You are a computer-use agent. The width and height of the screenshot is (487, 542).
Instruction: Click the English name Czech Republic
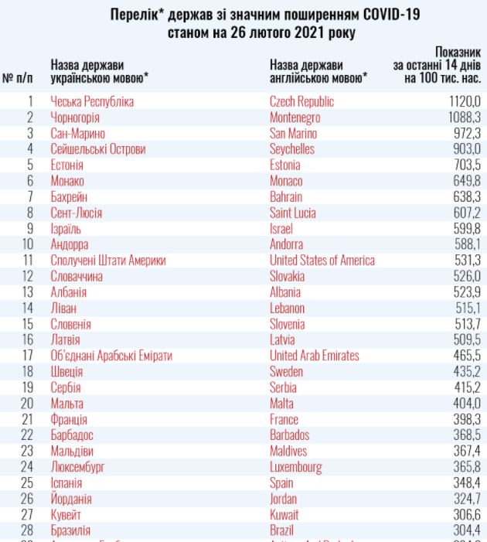pyautogui.click(x=301, y=101)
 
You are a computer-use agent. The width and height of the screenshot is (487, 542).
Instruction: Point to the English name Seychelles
pyautogui.click(x=291, y=149)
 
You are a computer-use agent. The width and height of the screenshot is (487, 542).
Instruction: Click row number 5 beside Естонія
pyautogui.click(x=30, y=165)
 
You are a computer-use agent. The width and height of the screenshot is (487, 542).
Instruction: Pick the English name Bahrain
pyautogui.click(x=286, y=197)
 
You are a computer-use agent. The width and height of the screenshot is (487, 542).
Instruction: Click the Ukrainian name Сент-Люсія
pyautogui.click(x=77, y=213)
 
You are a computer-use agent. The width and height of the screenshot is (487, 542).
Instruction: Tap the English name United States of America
pyautogui.click(x=322, y=261)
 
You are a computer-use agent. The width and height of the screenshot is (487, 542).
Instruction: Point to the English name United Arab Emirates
pyautogui.click(x=314, y=356)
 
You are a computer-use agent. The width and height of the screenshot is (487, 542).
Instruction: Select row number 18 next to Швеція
pyautogui.click(x=28, y=372)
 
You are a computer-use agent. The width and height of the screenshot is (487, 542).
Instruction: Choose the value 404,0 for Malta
pyautogui.click(x=467, y=404)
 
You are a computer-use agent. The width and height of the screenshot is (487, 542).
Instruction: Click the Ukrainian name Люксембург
pyautogui.click(x=77, y=467)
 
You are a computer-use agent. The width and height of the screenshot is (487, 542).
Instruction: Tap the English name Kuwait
pyautogui.click(x=284, y=515)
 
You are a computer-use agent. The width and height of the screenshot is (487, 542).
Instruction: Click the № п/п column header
pyautogui.click(x=18, y=77)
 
